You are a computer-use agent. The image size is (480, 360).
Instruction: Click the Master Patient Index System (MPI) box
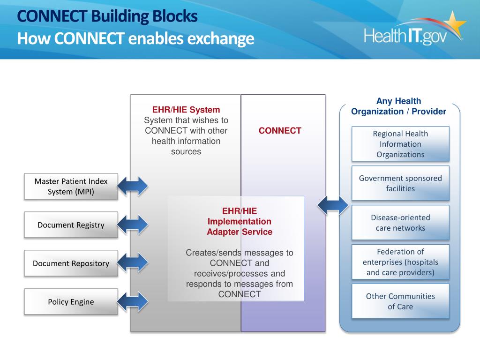pyautogui.click(x=71, y=186)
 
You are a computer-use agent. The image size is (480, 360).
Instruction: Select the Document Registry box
pyautogui.click(x=71, y=225)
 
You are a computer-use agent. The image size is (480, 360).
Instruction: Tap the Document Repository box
pyautogui.click(x=71, y=263)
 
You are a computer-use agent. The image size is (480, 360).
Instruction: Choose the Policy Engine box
pyautogui.click(x=71, y=302)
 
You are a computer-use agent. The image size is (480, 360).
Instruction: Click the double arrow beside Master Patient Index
pyautogui.click(x=133, y=186)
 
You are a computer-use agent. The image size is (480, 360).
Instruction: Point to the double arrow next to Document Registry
pyautogui.click(x=133, y=225)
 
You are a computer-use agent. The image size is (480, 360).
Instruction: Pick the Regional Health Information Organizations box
pyautogui.click(x=400, y=144)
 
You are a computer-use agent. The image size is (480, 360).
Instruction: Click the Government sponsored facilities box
pyautogui.click(x=400, y=183)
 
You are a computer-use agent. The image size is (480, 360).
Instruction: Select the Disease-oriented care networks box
pyautogui.click(x=400, y=223)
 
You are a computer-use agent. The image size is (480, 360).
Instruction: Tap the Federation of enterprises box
pyautogui.click(x=400, y=262)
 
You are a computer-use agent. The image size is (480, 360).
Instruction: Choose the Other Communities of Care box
pyautogui.click(x=400, y=301)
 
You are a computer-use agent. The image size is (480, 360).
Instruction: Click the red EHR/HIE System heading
pyautogui.click(x=186, y=110)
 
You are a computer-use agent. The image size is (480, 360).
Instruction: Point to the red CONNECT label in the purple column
pyautogui.click(x=280, y=131)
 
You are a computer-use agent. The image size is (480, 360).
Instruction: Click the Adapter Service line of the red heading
pyautogui.click(x=239, y=232)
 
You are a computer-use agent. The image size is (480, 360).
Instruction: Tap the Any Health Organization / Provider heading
pyautogui.click(x=399, y=106)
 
